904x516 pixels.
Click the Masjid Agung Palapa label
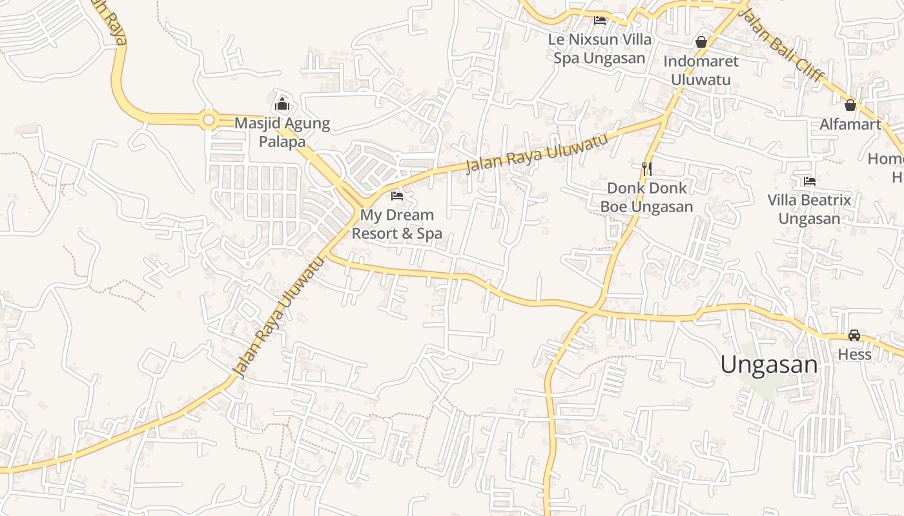282,132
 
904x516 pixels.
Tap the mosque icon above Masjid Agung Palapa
282,103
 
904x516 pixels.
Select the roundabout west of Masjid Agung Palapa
208,119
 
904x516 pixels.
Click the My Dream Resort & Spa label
396,224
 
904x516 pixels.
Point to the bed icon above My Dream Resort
397,195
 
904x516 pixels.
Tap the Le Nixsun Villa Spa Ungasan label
599,48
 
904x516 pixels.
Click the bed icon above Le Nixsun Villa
600,20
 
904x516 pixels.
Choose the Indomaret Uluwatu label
701,70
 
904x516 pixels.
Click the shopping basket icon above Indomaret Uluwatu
701,43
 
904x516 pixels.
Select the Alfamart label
850,124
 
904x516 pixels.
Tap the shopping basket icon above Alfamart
850,104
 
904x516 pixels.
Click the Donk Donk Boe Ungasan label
646,197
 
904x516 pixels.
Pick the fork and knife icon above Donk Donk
647,169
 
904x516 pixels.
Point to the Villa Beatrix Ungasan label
809,209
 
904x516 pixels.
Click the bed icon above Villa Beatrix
810,181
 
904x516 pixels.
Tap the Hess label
854,354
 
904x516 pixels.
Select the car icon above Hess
854,335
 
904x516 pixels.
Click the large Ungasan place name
768,365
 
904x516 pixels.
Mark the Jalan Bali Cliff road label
781,45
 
